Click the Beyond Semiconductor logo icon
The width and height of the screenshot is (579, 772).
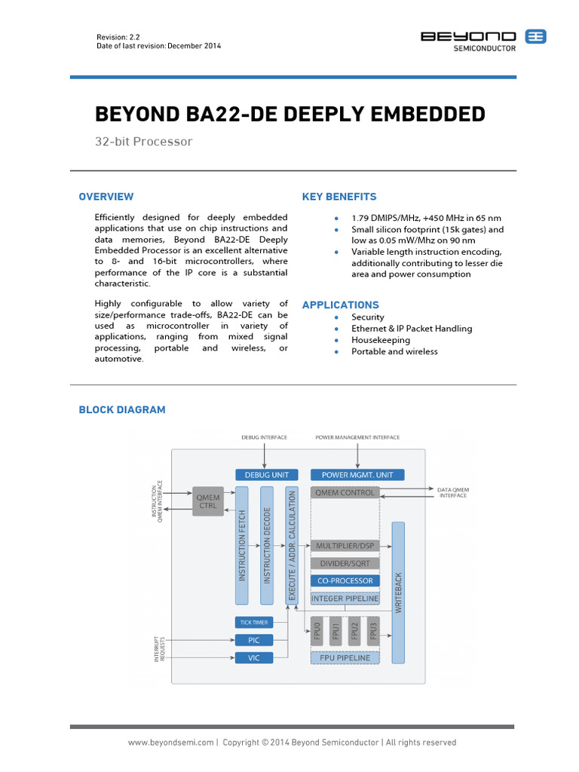tap(536, 36)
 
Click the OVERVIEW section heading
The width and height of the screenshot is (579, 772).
tap(106, 197)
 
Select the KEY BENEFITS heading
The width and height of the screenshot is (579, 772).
tap(339, 197)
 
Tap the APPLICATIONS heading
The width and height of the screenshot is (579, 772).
tap(341, 305)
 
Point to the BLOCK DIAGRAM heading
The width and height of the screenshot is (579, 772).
tap(122, 409)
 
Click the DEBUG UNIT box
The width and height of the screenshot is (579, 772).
tap(267, 475)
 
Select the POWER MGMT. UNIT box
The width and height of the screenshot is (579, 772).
tap(357, 475)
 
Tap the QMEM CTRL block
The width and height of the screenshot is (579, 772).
tap(208, 501)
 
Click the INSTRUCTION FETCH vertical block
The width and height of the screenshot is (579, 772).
tap(242, 545)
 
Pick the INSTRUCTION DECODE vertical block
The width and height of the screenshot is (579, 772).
tap(267, 545)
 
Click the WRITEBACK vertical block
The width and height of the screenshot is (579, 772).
tap(399, 591)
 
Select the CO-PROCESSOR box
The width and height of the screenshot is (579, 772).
tap(344, 581)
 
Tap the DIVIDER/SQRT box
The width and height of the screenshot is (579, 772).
tap(344, 563)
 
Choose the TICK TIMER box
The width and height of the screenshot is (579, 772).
tap(253, 622)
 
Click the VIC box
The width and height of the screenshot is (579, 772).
tap(253, 657)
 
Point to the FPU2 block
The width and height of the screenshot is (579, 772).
tap(354, 630)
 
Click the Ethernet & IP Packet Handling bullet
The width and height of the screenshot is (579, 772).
tap(412, 329)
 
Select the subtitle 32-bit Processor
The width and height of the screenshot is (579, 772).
tap(143, 142)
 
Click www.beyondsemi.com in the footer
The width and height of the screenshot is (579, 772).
tap(171, 743)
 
